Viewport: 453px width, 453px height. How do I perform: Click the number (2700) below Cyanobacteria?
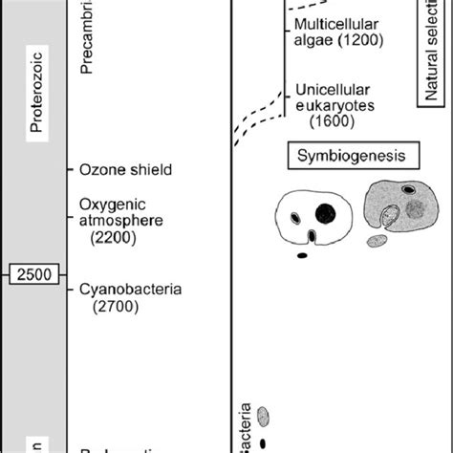click(116, 307)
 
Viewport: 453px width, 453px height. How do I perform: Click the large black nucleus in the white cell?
click(326, 211)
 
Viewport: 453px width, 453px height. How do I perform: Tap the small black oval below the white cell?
click(303, 254)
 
